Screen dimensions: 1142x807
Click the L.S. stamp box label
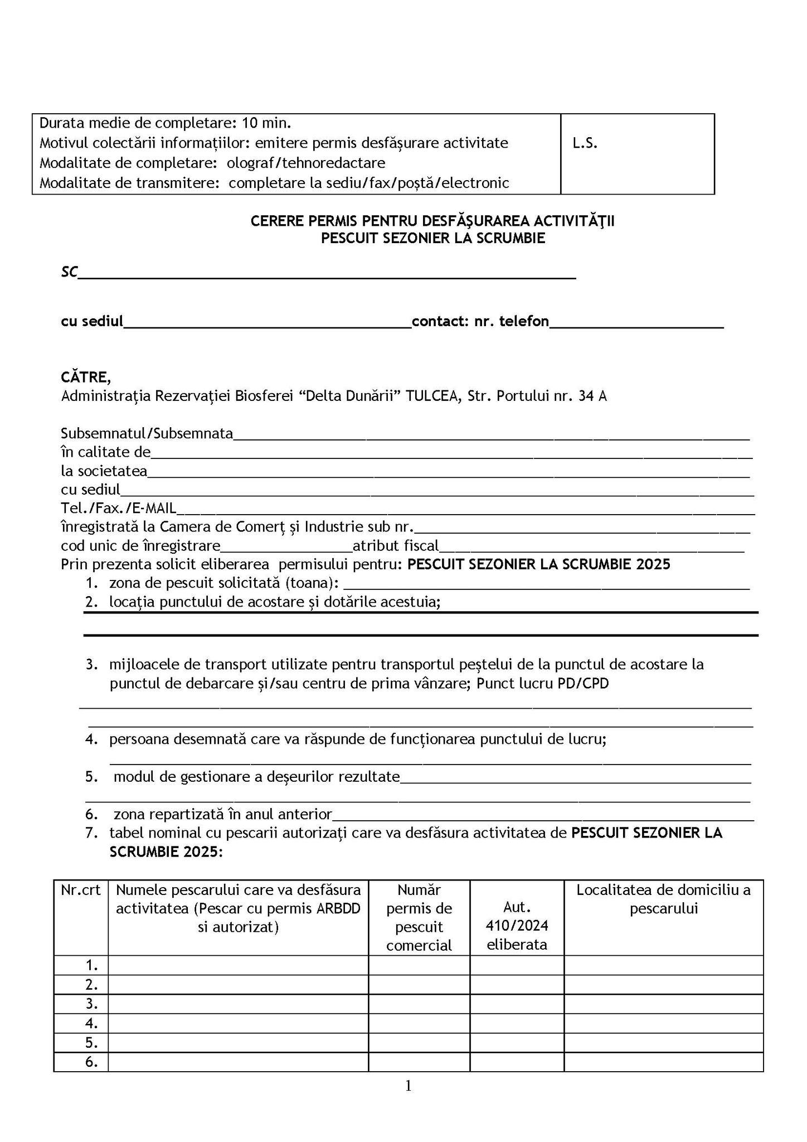coord(585,143)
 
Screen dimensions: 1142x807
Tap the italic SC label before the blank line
coord(69,272)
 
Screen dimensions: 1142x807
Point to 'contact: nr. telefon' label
coord(480,321)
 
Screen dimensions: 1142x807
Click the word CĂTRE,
coord(86,378)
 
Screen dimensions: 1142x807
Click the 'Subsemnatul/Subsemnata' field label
coord(147,433)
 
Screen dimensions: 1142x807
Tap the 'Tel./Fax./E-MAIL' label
coord(118,507)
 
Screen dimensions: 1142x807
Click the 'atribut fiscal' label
coord(396,545)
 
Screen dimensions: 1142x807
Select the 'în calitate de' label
coord(106,452)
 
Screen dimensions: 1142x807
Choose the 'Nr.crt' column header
coord(81,890)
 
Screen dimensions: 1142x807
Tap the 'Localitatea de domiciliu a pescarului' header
coord(663,899)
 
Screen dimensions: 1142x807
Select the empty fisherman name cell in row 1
coord(238,965)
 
